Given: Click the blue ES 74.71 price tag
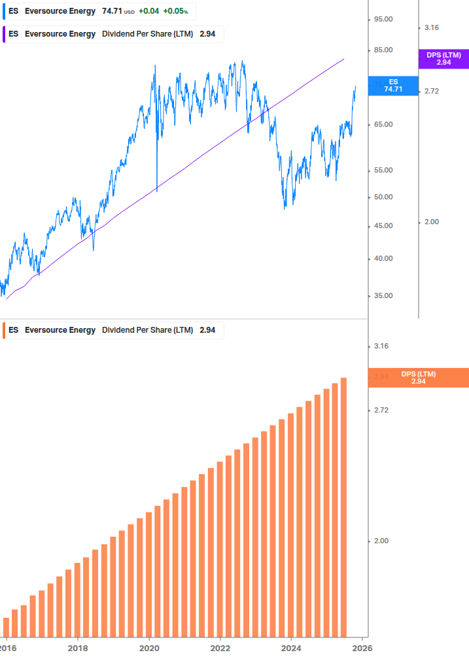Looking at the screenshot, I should pos(392,86).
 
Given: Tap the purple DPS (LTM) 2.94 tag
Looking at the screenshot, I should pos(443,59).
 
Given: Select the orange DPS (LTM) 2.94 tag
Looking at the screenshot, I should pos(419,378).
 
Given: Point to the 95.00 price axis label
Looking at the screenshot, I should pos(383,20).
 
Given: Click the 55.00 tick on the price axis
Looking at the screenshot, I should pos(383,171).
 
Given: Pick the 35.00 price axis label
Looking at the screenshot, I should pos(383,296).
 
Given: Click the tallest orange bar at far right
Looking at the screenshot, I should pos(343,507).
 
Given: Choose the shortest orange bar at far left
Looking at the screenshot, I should pos(7,626).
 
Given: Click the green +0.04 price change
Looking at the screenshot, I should pos(148,12).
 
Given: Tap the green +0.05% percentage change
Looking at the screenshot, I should pos(175,12).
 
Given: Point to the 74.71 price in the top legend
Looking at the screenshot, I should pos(111,12).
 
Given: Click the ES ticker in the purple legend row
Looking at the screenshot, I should pos(14,34).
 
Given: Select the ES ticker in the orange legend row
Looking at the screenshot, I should pos(14,330).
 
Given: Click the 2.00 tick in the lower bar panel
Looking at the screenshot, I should pos(381,541).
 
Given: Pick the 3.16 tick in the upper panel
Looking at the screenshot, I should pos(432,28).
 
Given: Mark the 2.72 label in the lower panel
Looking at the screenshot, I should pos(381,411).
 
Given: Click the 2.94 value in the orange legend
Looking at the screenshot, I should pos(207,330).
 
